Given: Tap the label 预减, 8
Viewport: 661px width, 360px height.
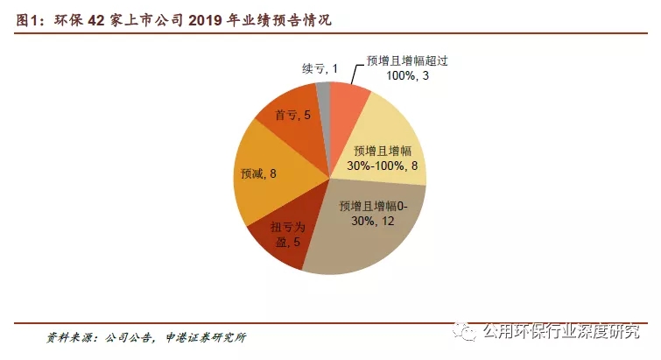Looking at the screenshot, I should [258, 173].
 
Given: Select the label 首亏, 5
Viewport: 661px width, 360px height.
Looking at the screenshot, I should [293, 115].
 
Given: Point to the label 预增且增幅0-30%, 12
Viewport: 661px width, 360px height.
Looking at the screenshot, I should [373, 215].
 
